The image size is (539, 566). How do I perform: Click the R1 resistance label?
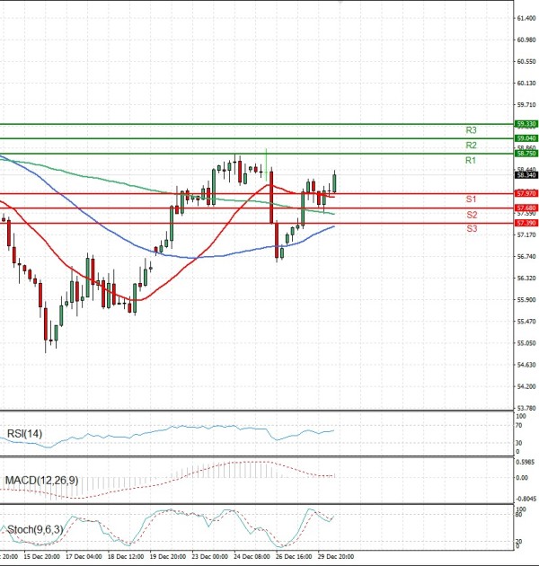coord(471,160)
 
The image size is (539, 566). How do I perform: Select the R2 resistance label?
coord(471,145)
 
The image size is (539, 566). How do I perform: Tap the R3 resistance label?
coord(471,130)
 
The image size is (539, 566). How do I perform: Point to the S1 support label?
coord(471,199)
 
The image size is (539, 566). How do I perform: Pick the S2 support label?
coord(471,215)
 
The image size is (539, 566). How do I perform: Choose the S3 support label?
coord(471,229)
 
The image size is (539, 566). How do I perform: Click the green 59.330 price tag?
coord(526,124)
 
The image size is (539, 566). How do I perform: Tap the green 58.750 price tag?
coord(526,155)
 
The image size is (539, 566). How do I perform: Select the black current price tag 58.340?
coord(526,175)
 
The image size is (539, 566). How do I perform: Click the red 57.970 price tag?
coord(526,193)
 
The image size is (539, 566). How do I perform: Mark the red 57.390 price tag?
coord(526,222)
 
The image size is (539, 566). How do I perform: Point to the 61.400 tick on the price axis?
coord(526,18)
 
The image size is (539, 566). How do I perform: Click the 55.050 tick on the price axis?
coord(526,343)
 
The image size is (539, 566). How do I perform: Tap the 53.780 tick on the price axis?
coord(526,408)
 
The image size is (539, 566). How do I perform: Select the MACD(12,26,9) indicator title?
coord(42,481)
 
